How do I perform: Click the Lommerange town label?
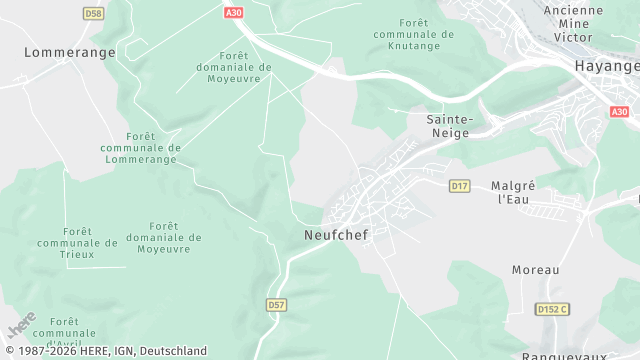coord(69,52)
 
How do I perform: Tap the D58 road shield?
coord(93,13)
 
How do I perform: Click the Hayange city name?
coord(606,65)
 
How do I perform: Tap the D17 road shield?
coord(460,186)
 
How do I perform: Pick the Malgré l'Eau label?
coord(514,193)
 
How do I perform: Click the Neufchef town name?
coord(331,235)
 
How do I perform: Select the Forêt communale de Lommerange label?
coord(140,147)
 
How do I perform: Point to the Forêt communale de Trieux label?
coord(77,242)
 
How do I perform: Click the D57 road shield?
coord(277,304)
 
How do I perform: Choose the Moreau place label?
coord(535,270)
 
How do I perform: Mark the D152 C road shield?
coord(552,309)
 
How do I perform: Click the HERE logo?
coord(22,326)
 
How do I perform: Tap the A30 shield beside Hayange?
coord(619,112)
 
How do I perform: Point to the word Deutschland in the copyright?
coord(173,351)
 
